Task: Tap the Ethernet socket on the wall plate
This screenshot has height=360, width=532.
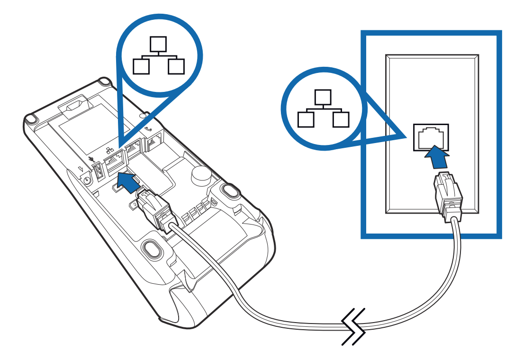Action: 431,137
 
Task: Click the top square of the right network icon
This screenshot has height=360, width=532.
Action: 324,97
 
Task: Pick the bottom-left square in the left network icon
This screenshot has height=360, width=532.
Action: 141,66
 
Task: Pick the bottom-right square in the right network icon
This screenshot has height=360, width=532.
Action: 341,119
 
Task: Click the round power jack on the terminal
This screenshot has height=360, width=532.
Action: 87,179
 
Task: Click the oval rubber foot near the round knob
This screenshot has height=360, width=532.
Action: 230,190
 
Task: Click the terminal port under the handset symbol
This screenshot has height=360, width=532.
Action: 154,141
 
